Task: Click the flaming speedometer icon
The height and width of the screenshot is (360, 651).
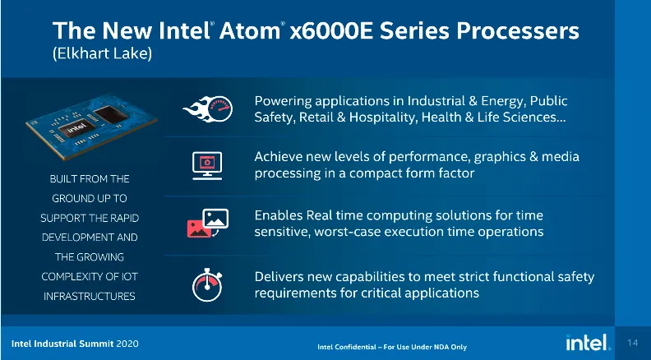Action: pos(208,109)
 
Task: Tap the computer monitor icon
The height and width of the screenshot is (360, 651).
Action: pos(207,166)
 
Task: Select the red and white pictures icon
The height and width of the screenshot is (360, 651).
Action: pos(208,223)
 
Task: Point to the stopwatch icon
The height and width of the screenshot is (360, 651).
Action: pos(207,285)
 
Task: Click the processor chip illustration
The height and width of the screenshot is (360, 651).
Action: pos(91,126)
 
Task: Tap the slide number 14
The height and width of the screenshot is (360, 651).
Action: pos(633,343)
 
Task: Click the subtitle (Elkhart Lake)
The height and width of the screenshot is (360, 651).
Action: pos(102,54)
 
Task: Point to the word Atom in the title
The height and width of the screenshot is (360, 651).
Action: pos(250,30)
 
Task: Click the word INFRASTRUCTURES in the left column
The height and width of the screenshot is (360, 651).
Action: pos(90,296)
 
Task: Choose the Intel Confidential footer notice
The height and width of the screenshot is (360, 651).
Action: pos(392,347)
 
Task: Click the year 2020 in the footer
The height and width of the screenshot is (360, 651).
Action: pos(127,344)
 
